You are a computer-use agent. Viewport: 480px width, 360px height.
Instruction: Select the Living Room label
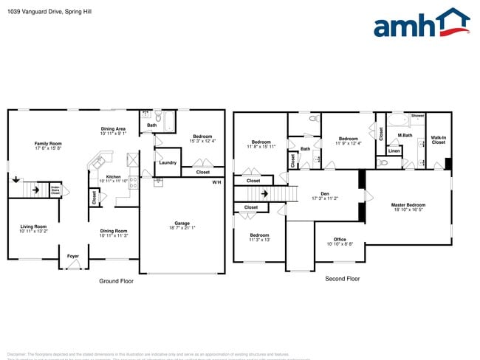tap(33, 229)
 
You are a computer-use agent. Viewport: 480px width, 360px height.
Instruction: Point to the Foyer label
tap(73, 256)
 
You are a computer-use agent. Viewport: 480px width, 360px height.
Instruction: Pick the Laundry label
tap(167, 162)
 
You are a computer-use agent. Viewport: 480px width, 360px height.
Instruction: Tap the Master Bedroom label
tap(408, 207)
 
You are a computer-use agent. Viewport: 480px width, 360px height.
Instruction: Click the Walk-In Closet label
tap(439, 139)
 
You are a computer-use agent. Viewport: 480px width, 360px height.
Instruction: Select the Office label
tap(340, 240)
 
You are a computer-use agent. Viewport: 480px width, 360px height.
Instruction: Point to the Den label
tap(324, 195)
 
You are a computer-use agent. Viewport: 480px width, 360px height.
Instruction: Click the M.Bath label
tap(405, 135)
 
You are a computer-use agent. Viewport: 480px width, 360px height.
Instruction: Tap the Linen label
tap(394, 150)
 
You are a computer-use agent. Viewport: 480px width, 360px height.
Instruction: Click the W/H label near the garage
tap(216, 181)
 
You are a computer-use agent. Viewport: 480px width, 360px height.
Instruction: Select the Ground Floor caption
tap(116, 281)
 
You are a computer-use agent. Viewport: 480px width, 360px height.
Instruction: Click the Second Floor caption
tap(342, 279)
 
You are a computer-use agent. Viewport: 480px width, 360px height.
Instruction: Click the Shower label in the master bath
tap(417, 116)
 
